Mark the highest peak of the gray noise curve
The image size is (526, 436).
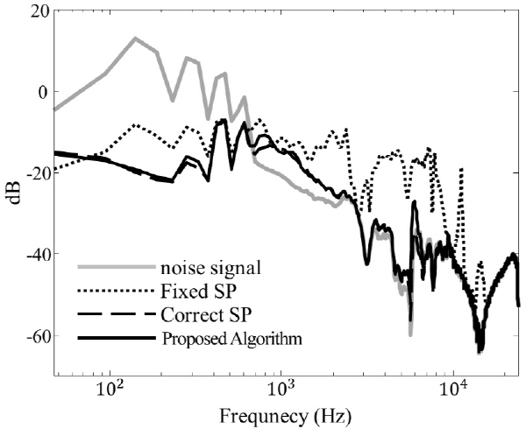135,38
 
